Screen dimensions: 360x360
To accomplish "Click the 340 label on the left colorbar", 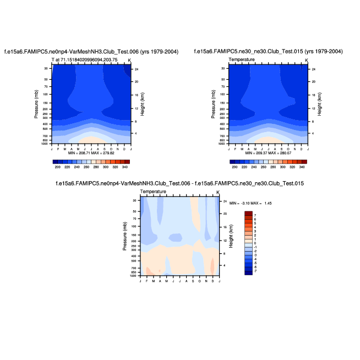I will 125,166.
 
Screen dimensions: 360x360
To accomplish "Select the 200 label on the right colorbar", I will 235,166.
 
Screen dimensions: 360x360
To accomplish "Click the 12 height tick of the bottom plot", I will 225,241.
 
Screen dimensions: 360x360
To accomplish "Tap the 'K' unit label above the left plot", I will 129,59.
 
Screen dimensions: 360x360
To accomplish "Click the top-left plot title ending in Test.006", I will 91,51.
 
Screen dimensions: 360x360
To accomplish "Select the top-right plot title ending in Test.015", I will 268,51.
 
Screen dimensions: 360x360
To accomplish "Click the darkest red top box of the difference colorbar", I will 249,213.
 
